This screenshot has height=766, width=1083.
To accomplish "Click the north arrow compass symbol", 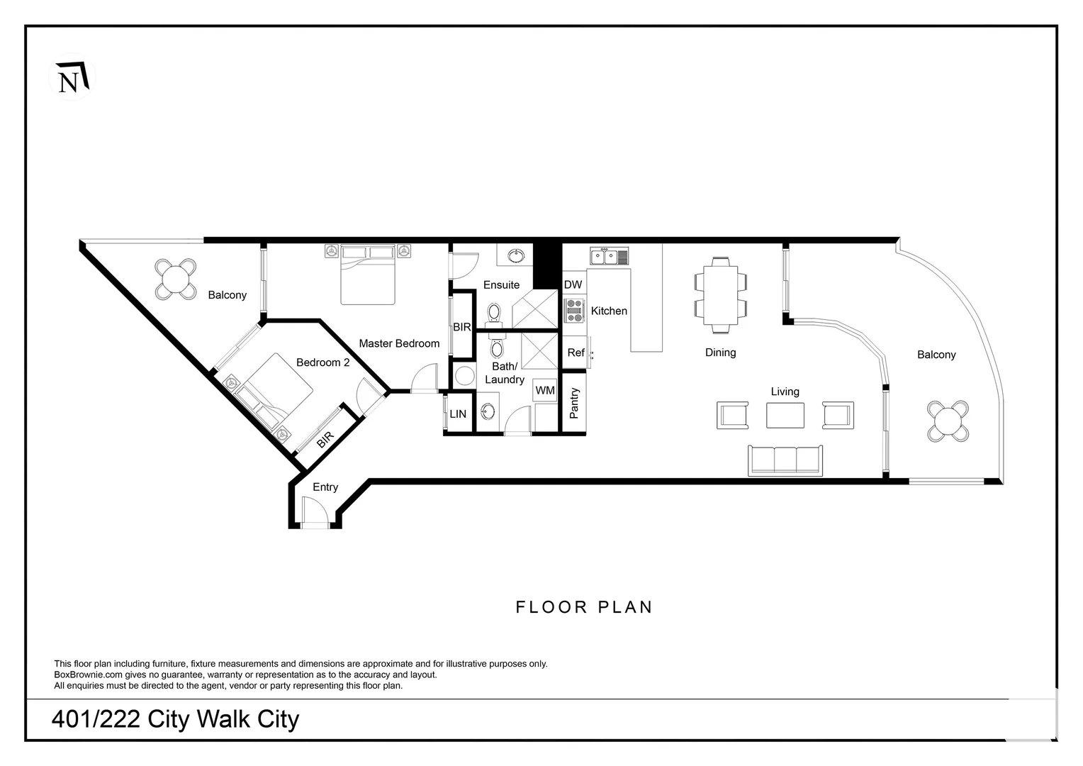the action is click(72, 77).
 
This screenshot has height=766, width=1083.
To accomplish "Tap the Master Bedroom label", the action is click(399, 343).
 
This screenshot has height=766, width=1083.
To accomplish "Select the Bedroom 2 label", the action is click(322, 362).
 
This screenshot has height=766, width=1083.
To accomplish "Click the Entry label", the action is click(325, 487).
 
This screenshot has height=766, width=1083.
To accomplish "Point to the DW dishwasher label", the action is click(573, 284).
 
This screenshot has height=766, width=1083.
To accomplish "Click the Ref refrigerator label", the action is click(576, 353).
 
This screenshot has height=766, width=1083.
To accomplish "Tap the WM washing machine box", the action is click(545, 390).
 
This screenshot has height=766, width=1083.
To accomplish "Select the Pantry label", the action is click(574, 403).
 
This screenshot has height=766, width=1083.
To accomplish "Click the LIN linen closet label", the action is click(458, 414).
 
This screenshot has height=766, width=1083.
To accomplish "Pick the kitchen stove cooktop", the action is click(574, 311).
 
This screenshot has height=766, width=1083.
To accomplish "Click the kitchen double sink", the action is click(610, 256).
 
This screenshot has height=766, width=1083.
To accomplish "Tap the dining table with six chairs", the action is click(720, 295).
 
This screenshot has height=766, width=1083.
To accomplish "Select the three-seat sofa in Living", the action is click(785, 461).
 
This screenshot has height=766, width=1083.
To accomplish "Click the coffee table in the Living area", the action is click(785, 415).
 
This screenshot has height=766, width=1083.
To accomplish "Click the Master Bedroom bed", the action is click(368, 275).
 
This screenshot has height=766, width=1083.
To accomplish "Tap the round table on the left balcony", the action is click(176, 279).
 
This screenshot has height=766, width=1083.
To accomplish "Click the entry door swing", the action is click(315, 510).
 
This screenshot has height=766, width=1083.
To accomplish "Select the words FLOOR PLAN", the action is click(584, 607).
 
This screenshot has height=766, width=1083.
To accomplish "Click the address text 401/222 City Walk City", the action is click(176, 719).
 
